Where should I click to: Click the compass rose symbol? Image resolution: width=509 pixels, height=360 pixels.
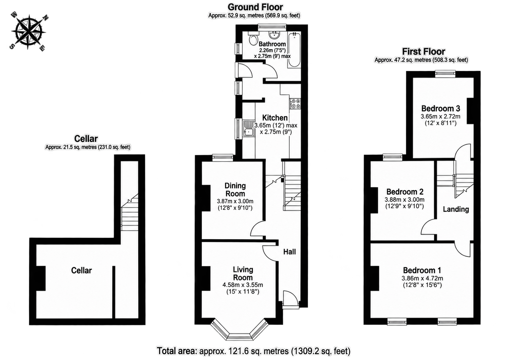tap(28, 31)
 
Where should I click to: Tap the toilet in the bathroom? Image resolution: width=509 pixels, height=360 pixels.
tap(253, 38)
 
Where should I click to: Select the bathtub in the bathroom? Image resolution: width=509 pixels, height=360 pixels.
tap(294, 49)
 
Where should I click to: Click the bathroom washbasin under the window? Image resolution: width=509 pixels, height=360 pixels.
tap(274, 35)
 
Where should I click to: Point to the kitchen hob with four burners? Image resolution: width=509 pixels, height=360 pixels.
tap(295, 104)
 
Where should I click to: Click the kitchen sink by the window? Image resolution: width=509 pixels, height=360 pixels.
tap(249, 128)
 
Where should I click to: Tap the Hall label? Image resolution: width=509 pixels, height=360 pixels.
tap(289, 252)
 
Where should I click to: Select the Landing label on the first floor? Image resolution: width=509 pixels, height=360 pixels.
tap(456, 209)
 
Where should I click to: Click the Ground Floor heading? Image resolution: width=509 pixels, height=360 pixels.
tap(255, 7)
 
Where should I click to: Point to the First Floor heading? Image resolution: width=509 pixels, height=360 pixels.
tap(424, 52)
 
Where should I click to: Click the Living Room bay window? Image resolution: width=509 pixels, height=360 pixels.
tap(240, 331)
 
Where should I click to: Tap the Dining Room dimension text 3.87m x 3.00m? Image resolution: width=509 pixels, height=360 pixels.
tap(235, 201)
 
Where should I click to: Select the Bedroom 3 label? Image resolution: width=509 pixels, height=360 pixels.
tap(441, 108)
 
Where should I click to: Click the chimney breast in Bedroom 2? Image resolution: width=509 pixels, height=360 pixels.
tap(374, 200)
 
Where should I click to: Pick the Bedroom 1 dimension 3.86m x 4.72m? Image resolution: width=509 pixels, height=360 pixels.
tap(422, 278)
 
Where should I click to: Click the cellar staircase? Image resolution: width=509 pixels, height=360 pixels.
tap(129, 212)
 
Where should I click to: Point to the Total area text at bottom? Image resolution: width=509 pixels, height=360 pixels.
tap(254, 351)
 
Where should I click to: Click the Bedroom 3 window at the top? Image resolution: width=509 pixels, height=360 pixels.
tap(446, 74)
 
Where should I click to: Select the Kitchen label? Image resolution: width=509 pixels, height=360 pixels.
tap(275, 118)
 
